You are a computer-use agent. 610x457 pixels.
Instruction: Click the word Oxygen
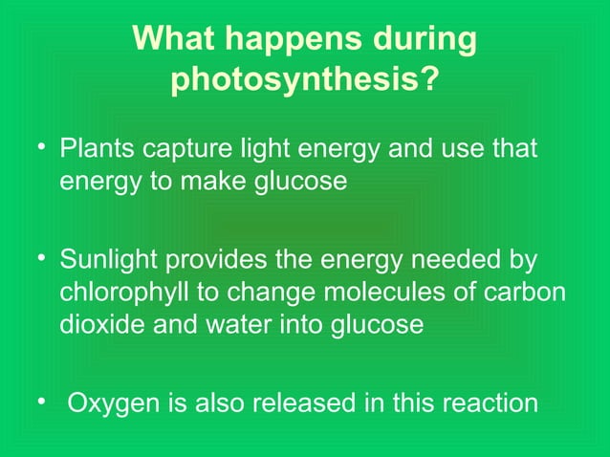tap(110, 403)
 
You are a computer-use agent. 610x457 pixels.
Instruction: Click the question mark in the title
tap(432, 81)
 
